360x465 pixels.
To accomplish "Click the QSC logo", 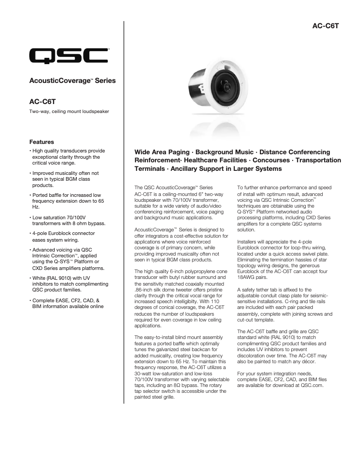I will [68, 56].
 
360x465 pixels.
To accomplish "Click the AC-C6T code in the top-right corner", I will [325, 26].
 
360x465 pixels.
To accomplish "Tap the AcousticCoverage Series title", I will [72, 81].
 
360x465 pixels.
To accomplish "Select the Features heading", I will [41, 142].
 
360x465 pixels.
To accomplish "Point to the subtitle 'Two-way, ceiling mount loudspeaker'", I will [69, 111].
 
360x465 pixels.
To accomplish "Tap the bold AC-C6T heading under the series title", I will [43, 102].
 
